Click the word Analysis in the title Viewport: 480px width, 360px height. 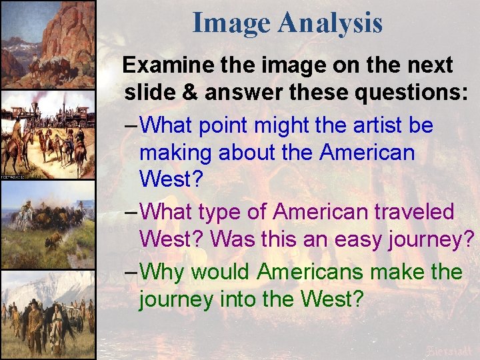point(331,24)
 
